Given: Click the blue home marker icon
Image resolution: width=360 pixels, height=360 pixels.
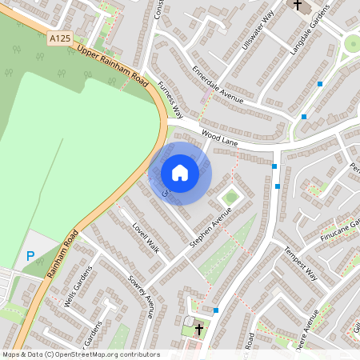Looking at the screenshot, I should pyautogui.click(x=180, y=172).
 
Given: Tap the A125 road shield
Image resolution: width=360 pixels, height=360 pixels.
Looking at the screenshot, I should pyautogui.click(x=60, y=38).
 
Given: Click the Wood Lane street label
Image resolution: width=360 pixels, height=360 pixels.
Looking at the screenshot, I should pyautogui.click(x=220, y=138).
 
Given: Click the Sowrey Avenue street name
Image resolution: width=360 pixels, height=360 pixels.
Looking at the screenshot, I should pyautogui.click(x=140, y=295).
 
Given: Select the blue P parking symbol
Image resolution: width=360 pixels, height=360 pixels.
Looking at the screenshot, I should pyautogui.click(x=30, y=256).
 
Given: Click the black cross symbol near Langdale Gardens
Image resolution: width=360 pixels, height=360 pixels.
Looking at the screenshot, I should pyautogui.click(x=298, y=6).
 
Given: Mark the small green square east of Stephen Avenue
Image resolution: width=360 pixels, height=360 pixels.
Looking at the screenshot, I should pyautogui.click(x=231, y=196).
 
